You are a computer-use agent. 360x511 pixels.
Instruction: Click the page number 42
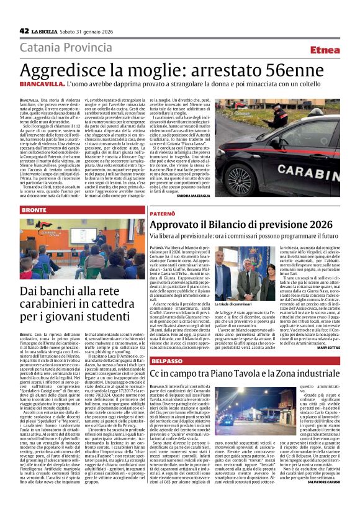tap(24, 30)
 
